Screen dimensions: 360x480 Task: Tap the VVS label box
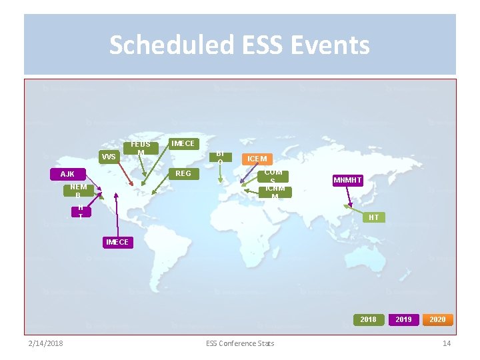coord(109,157)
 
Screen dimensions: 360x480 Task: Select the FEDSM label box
coord(141,149)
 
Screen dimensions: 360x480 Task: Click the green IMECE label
coord(183,143)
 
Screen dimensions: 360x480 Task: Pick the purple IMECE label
coord(117,242)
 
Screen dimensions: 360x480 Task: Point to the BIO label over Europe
coord(219,157)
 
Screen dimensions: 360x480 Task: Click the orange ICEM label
coord(257,159)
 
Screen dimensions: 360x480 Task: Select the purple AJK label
coord(67,174)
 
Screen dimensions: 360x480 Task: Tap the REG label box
coord(183,174)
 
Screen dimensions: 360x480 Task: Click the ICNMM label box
coord(275,192)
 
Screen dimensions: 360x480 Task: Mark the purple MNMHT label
coord(347,180)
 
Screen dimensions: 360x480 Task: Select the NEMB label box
coord(78,191)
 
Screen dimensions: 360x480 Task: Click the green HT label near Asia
coord(373,217)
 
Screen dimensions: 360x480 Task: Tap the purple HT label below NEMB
coord(80,212)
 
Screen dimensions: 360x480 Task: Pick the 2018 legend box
coord(368,319)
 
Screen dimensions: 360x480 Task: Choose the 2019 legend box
coord(403,319)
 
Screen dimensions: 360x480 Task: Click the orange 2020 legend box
coord(437,319)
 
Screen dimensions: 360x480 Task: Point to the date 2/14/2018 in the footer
coord(45,343)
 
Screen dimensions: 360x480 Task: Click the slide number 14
coord(447,343)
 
